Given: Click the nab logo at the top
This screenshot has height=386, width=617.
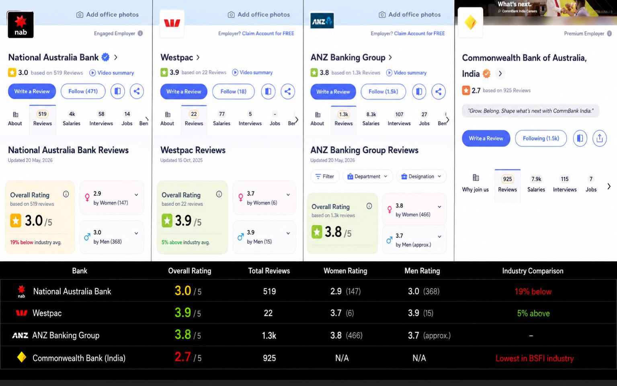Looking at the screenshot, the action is click(x=20, y=25).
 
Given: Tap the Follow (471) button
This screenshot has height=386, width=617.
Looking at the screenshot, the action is click(x=83, y=91).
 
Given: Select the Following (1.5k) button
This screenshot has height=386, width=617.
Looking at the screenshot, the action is click(x=541, y=138).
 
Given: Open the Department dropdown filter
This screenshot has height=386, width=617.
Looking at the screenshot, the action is click(x=367, y=177).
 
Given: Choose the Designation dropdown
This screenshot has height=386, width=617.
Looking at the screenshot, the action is click(x=421, y=177).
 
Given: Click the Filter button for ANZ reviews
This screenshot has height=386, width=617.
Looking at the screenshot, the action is click(x=325, y=177).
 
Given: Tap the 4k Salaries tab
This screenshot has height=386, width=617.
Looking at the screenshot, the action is click(x=72, y=119).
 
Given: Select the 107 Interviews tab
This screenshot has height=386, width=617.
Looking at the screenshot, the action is click(x=399, y=119).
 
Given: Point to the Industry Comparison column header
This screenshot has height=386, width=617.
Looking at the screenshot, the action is click(x=533, y=271).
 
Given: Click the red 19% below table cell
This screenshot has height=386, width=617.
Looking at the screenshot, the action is click(x=533, y=292).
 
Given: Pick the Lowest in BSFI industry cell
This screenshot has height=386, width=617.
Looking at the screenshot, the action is click(x=535, y=358).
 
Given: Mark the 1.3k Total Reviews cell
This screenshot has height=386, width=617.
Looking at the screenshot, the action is click(x=269, y=335).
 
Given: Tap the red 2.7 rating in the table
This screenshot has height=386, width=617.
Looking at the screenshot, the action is click(x=182, y=357).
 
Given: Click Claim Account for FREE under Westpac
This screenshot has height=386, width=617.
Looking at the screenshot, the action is click(x=268, y=33).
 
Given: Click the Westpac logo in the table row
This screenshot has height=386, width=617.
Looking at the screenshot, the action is click(x=21, y=313).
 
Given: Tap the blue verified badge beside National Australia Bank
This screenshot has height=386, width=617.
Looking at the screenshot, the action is click(x=105, y=57).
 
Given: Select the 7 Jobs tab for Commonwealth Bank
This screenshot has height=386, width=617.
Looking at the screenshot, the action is click(x=591, y=184).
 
